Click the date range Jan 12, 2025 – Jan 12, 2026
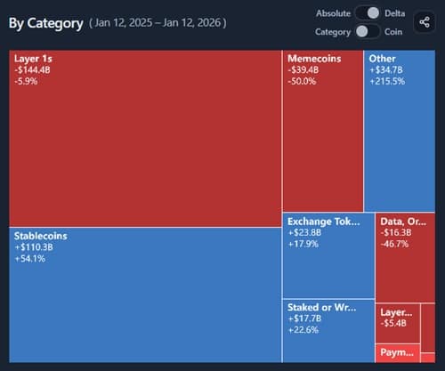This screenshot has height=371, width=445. tap(158, 22)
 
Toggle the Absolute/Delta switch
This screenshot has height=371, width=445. tap(367, 12)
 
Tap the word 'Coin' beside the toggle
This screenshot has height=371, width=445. tap(392, 31)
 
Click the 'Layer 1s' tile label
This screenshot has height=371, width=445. tap(33, 58)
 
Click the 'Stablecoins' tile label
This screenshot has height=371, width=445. tap(41, 236)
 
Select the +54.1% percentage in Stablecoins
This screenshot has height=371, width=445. tap(29, 259)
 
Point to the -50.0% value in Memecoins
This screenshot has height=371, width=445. tap(303, 81)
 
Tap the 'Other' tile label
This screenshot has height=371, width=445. tap(382, 58)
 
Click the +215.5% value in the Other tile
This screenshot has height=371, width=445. tap(387, 81)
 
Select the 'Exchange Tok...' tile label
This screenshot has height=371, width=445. tap(324, 221)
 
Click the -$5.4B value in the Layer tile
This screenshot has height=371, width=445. tap(393, 323)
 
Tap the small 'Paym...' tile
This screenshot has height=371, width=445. tap(396, 353)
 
